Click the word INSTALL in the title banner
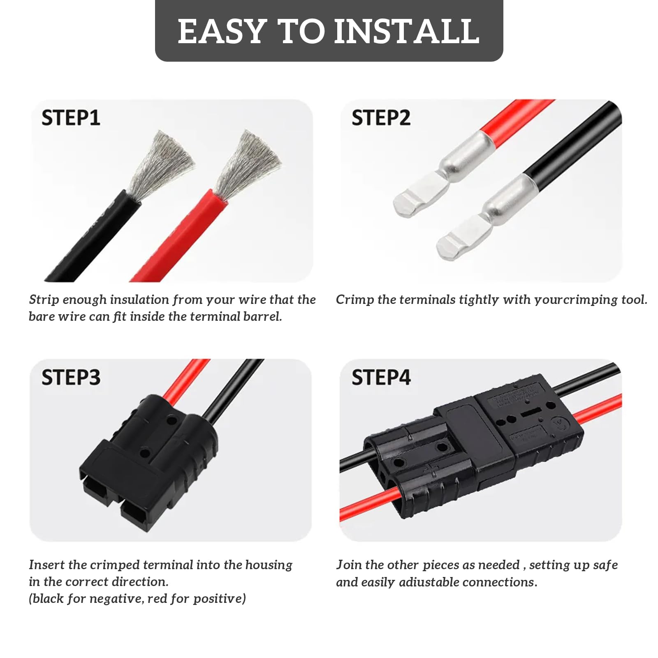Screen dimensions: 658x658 click(406, 31)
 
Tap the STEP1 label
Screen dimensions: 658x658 click(71, 118)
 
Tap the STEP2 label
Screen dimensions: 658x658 click(381, 118)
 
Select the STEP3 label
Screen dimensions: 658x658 click(71, 377)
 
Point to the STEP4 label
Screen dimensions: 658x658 click(381, 377)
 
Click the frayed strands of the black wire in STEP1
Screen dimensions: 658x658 click(160, 164)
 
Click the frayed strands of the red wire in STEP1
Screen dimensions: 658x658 click(249, 164)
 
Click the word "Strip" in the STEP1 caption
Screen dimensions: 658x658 click(44, 300)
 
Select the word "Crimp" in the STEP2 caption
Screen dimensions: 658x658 click(354, 300)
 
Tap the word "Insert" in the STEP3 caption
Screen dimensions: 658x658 click(46, 565)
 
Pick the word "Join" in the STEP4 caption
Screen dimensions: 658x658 click(349, 565)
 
